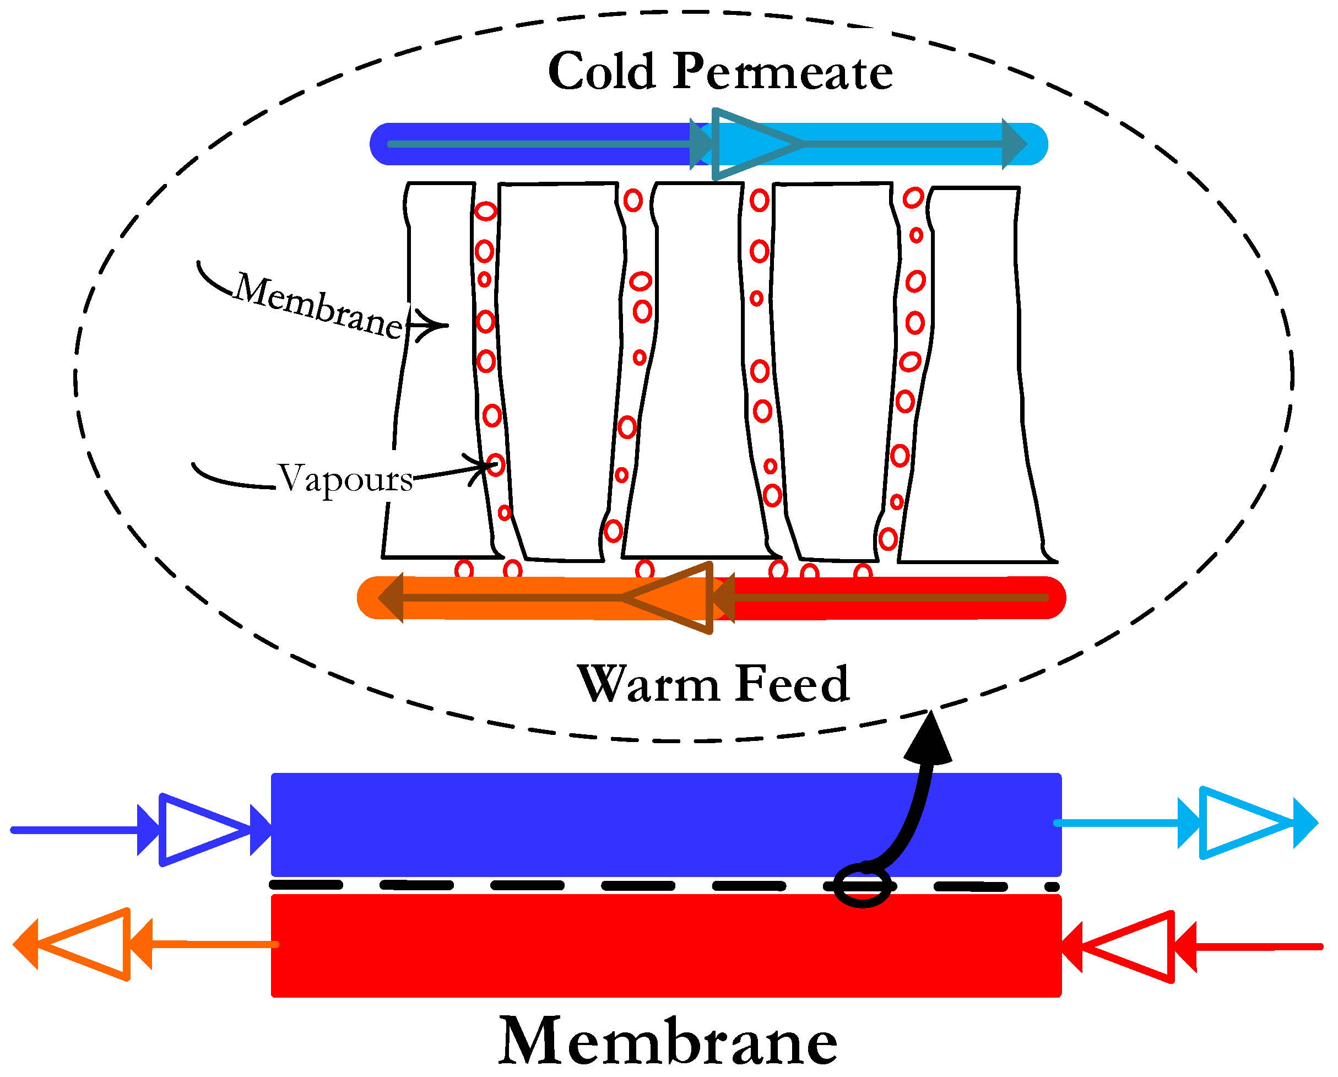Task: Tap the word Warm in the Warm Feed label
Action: (x=648, y=685)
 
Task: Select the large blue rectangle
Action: (x=665, y=824)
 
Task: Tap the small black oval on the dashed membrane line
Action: (x=862, y=886)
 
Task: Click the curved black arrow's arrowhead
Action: (x=928, y=740)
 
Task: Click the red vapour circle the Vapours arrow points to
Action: (x=495, y=464)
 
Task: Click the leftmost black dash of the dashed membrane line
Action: (x=306, y=885)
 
